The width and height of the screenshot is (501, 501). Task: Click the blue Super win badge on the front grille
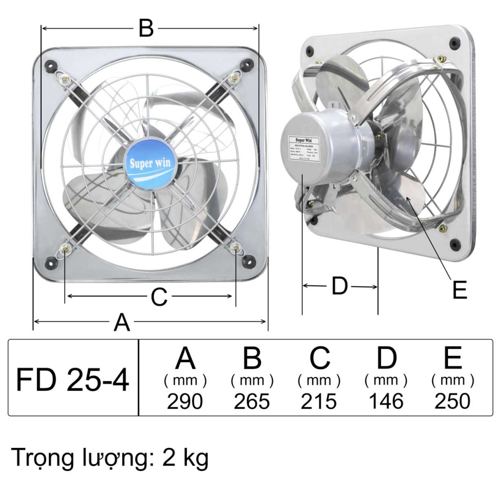tap(151, 165)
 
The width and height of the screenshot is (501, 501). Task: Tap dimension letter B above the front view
tap(146, 28)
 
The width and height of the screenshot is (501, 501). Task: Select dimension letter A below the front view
tap(122, 322)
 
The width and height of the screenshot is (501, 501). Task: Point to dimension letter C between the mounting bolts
tap(159, 297)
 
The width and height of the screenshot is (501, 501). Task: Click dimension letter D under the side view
tap(339, 286)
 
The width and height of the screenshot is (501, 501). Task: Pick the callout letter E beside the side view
tap(459, 290)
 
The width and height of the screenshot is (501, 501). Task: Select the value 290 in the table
tap(185, 401)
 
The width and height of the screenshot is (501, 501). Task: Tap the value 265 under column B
tap(252, 401)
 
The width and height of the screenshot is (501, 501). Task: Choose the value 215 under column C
tap(319, 401)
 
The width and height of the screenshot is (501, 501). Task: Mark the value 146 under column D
tap(386, 401)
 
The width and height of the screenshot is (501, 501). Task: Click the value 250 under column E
tap(452, 401)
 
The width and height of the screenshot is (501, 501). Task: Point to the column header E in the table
tap(452, 358)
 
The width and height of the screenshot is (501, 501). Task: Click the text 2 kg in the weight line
tap(185, 458)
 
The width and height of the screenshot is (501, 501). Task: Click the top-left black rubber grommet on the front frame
tap(51, 65)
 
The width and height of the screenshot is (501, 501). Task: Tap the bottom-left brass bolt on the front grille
tap(65, 248)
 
